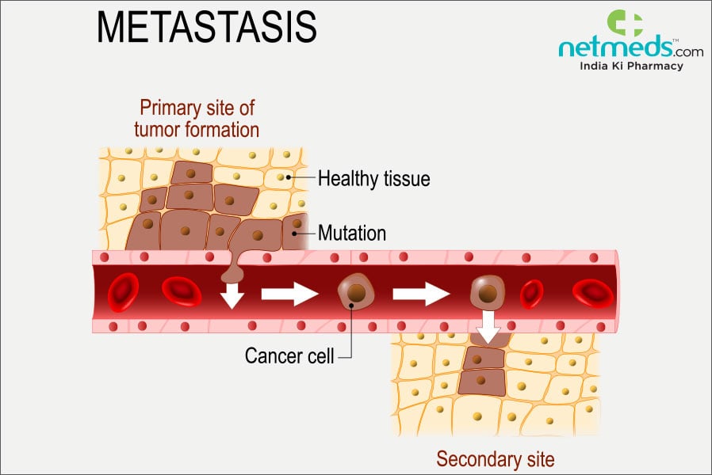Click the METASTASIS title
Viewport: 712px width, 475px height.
coord(206,28)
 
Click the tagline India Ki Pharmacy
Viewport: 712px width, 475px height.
coord(631,66)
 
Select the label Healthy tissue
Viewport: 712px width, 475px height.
coord(373,179)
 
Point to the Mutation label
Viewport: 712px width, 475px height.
coord(351,233)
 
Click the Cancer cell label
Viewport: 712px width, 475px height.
coord(289,355)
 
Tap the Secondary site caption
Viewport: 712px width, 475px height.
coord(495,458)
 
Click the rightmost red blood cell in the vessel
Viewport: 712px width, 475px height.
coord(592,291)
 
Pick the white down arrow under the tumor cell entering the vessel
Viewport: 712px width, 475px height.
coord(232,295)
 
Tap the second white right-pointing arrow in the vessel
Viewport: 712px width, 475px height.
coord(421,294)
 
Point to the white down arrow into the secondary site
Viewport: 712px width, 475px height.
coord(488,325)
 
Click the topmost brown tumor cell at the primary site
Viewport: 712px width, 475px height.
coord(186,172)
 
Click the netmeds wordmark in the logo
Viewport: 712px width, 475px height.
coord(630,49)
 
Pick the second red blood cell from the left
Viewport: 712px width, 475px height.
coord(182,291)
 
